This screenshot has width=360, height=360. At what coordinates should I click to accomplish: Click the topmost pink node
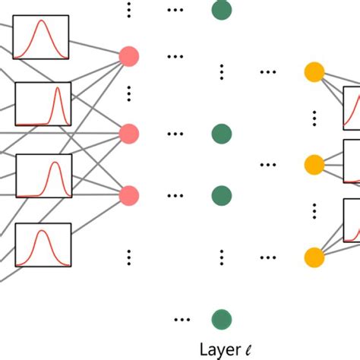[x=130, y=55]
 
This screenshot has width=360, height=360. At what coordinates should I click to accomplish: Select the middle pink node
[x=130, y=134]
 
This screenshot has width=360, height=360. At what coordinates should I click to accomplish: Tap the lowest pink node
[x=130, y=195]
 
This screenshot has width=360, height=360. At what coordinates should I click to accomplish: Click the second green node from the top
[x=221, y=134]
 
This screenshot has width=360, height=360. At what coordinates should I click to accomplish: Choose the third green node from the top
[x=221, y=195]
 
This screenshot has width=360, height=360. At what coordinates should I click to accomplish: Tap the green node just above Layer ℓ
[x=221, y=319]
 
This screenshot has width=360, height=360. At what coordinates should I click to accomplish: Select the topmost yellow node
[x=314, y=72]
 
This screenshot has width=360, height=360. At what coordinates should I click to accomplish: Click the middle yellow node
[x=314, y=164]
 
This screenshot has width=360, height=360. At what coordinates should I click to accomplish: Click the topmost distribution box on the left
[x=41, y=36]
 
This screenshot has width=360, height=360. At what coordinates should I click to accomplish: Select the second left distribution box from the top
[x=43, y=104]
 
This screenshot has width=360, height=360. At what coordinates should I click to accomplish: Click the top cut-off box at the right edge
[x=352, y=108]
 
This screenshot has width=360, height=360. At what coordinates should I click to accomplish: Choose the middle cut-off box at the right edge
[x=352, y=161]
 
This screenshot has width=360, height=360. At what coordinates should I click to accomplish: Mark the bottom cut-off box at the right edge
[x=352, y=220]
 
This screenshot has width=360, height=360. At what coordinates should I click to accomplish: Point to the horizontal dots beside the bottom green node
[x=182, y=319]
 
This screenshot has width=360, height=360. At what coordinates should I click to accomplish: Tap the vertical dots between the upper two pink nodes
[x=130, y=94]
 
